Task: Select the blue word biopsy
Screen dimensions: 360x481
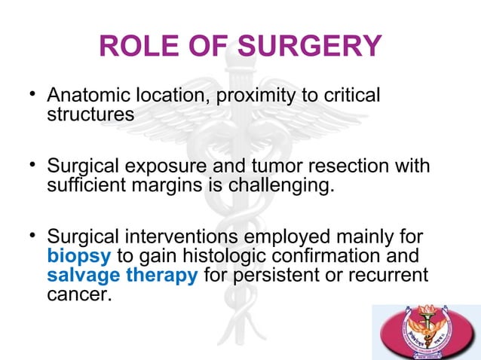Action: (x=78, y=257)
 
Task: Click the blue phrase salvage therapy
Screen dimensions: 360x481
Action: (x=123, y=275)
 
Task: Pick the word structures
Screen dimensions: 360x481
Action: (x=90, y=115)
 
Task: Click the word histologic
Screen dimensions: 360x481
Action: (x=231, y=257)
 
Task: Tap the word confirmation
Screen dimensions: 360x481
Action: (x=341, y=257)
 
